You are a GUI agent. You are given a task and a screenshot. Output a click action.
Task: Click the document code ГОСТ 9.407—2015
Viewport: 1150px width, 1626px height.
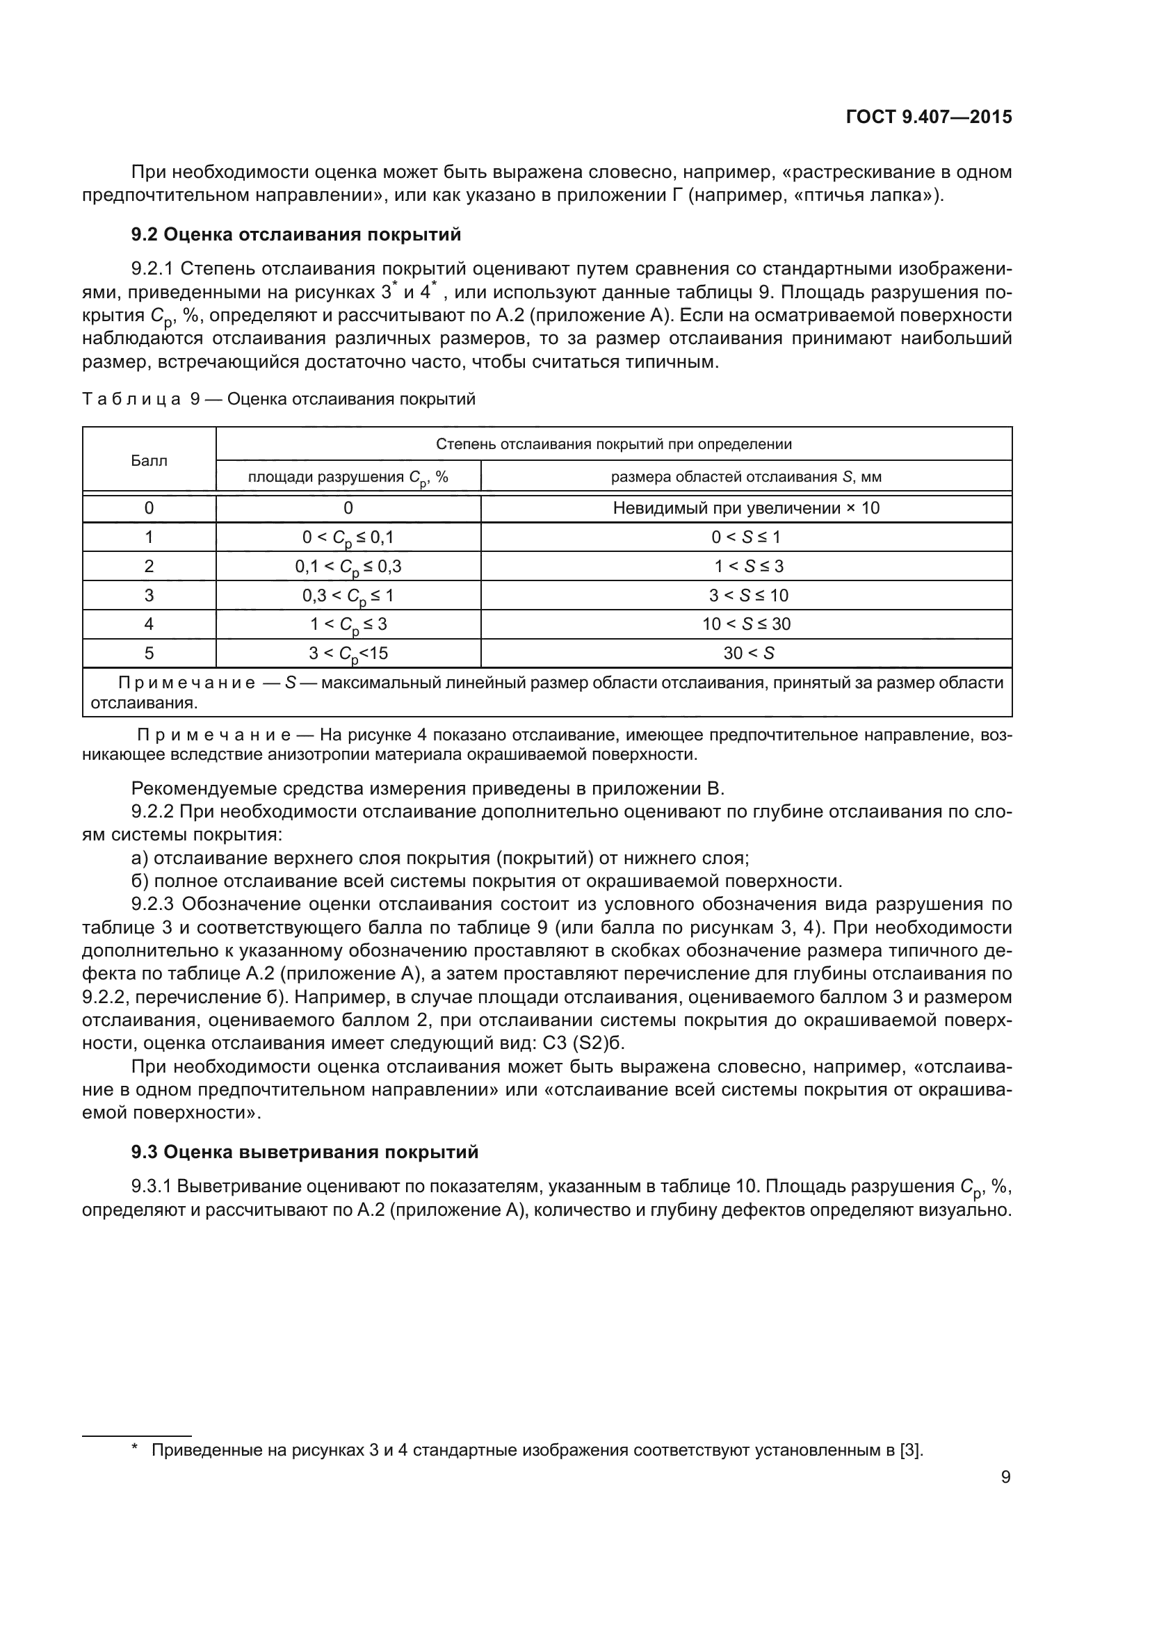click(928, 117)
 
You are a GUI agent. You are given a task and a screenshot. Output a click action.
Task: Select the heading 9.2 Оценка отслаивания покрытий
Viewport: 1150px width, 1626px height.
click(296, 234)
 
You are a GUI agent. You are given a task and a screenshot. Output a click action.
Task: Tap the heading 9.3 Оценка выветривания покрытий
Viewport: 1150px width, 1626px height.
click(305, 1152)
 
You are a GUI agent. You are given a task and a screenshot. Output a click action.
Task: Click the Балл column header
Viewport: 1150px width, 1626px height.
click(149, 461)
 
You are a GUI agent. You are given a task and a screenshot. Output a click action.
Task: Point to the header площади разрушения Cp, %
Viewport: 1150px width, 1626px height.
click(348, 478)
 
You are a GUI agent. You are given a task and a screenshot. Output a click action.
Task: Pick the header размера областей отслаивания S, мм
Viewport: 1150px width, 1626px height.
click(745, 477)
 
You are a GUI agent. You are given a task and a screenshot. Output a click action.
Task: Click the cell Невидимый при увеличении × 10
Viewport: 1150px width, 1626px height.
click(745, 507)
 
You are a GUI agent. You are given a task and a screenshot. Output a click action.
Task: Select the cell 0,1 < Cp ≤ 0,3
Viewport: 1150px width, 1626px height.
click(348, 567)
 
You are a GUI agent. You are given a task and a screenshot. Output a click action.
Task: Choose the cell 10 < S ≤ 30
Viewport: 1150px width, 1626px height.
click(746, 624)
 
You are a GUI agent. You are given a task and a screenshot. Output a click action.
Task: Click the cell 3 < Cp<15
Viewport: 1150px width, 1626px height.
click(348, 653)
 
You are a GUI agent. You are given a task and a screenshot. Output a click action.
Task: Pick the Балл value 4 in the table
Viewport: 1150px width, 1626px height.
click(149, 624)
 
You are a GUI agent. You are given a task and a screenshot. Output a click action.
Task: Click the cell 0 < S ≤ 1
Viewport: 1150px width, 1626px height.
click(745, 537)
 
